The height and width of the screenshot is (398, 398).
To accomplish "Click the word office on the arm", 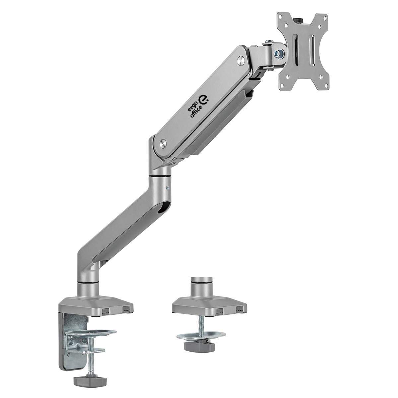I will [x=197, y=111].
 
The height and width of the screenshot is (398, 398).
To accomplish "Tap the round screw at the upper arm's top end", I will [x=241, y=60].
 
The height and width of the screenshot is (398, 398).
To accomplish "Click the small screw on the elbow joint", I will [x=168, y=188].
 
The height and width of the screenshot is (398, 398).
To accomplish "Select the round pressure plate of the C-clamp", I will [x=91, y=332].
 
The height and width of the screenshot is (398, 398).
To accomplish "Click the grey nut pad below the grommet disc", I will [x=199, y=346].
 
